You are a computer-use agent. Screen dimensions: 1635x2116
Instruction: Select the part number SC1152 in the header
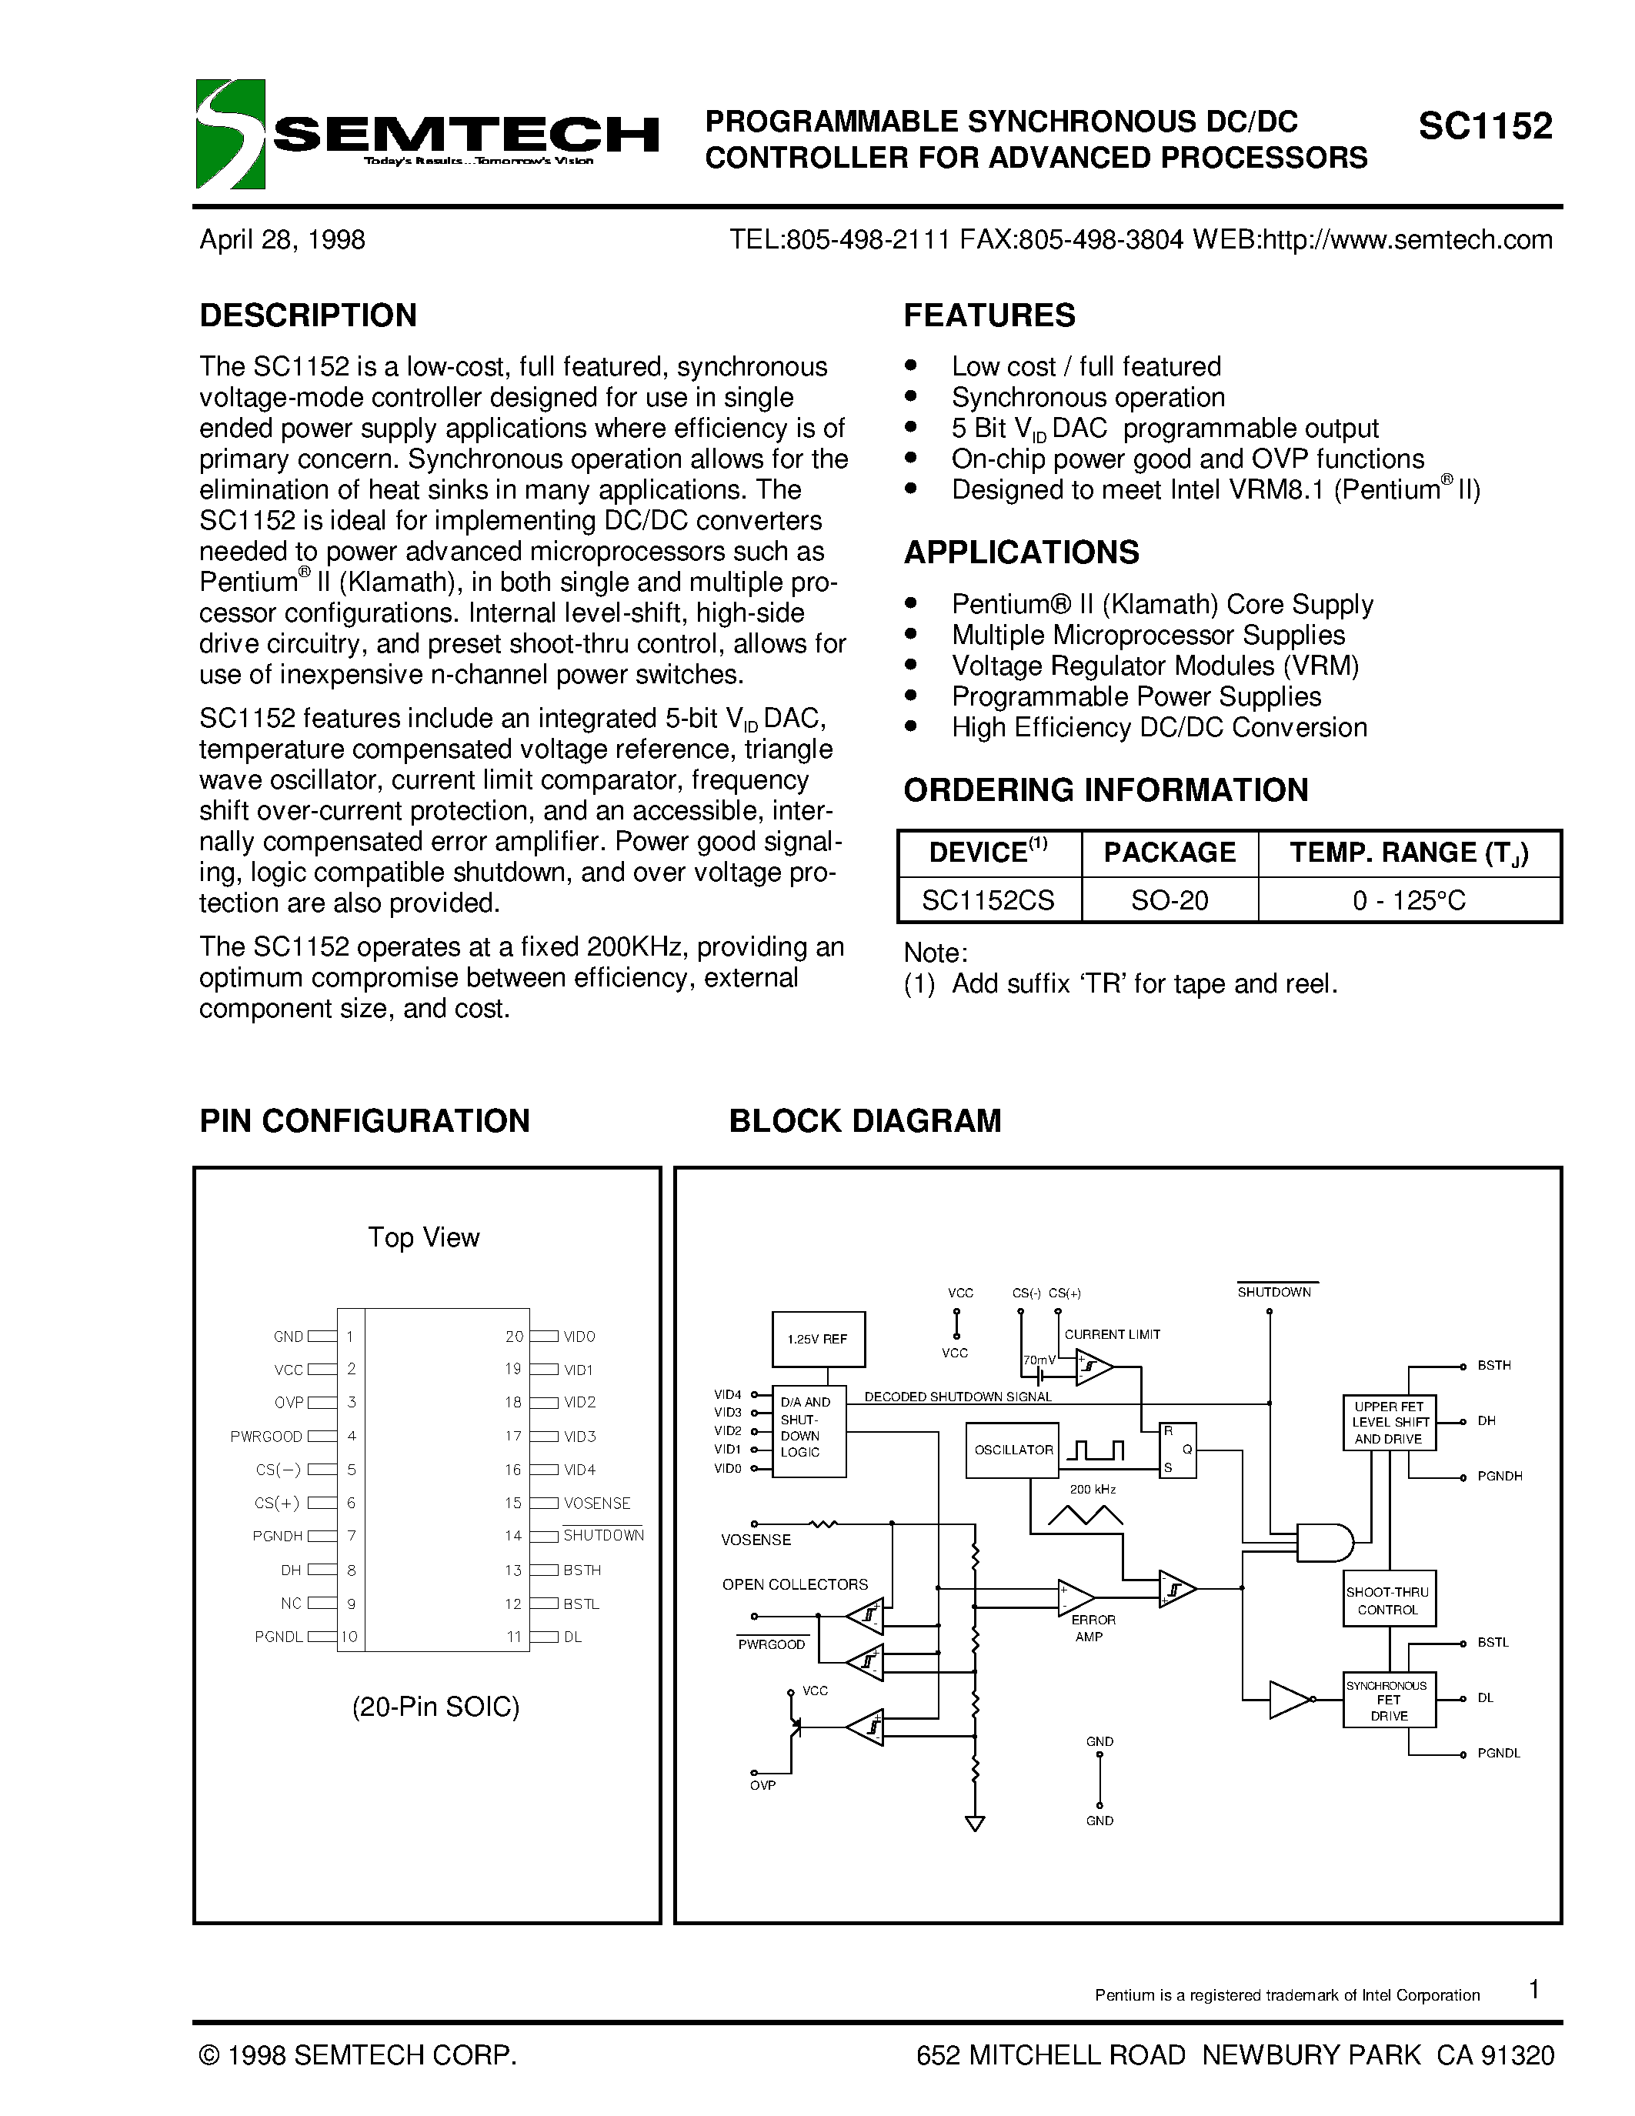coord(1485,127)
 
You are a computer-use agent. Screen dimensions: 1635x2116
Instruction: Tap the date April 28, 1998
coord(282,240)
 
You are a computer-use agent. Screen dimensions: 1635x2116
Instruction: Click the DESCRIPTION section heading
coord(308,315)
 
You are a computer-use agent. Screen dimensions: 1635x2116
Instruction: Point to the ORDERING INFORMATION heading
coord(1105,790)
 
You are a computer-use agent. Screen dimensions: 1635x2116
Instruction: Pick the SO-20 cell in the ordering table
coord(1169,901)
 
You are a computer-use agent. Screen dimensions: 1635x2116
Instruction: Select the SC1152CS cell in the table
coord(988,901)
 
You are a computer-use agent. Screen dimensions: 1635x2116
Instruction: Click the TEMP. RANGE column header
coord(1408,853)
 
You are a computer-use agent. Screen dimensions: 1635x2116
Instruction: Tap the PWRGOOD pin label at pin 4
coord(266,1437)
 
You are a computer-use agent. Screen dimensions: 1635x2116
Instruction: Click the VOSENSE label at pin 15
coord(596,1504)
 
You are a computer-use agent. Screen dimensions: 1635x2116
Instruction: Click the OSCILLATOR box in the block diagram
coord(1013,1450)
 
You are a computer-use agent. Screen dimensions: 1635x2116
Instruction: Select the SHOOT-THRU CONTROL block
coord(1388,1600)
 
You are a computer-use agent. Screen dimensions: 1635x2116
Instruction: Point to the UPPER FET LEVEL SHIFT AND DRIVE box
coord(1388,1422)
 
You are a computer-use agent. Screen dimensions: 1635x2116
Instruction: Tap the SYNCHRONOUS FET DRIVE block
coord(1388,1700)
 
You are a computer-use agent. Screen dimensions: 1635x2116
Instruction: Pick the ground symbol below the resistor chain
coord(976,1824)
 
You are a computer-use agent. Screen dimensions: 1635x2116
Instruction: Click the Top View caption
coord(423,1238)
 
